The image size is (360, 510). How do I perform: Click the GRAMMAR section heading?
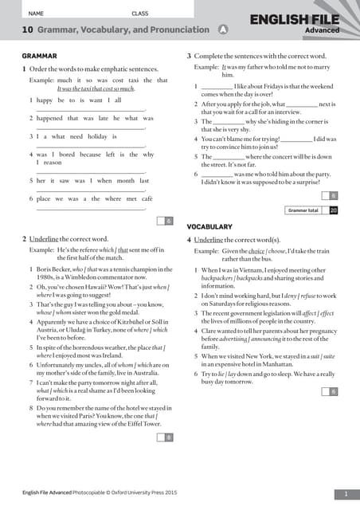(39, 57)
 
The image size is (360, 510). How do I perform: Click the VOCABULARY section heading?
(209, 227)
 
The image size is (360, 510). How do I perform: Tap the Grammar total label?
(303, 210)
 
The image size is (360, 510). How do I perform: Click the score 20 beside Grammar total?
(334, 210)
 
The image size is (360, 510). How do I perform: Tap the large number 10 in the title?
(27, 30)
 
